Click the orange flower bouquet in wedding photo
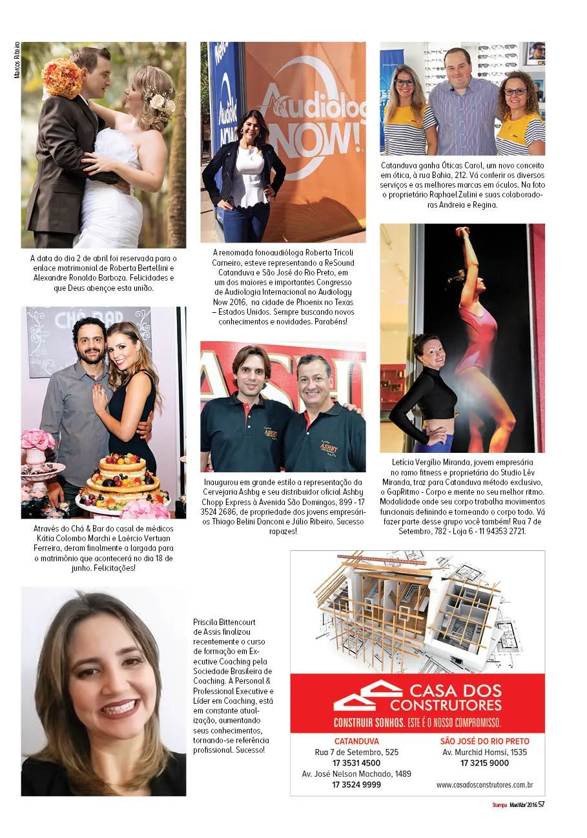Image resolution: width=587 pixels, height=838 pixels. pyautogui.click(x=62, y=77)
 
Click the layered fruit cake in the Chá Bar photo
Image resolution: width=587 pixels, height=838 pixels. pyautogui.click(x=122, y=481)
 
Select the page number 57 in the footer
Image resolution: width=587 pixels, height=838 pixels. pyautogui.click(x=541, y=804)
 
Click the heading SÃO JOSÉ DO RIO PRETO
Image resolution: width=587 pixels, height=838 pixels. pyautogui.click(x=484, y=741)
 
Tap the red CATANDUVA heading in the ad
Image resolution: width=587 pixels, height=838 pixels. pyautogui.click(x=356, y=741)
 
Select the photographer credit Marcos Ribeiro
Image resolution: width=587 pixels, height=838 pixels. pyautogui.click(x=17, y=61)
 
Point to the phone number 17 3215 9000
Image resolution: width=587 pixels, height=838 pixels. pyautogui.click(x=484, y=763)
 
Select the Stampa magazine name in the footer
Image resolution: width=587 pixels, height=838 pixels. pyautogui.click(x=500, y=804)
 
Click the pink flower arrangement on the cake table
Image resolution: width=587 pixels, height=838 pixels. pyautogui.click(x=37, y=441)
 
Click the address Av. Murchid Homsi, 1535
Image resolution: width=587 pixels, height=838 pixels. pyautogui.click(x=484, y=752)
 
